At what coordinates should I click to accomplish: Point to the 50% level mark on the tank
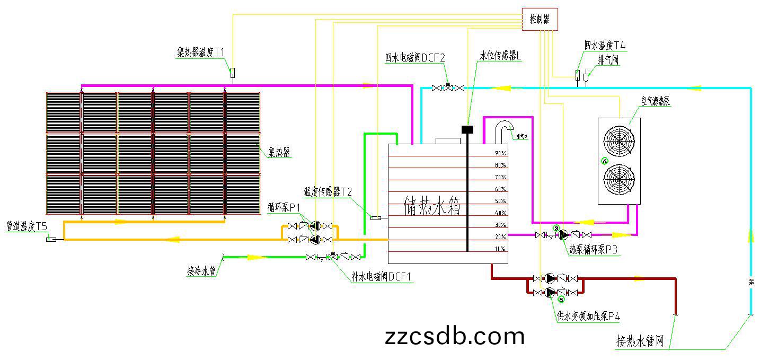(500, 201)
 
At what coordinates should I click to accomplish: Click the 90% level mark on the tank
(500, 153)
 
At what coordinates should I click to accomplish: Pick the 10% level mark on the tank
(500, 249)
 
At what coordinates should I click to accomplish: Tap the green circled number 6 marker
(604, 161)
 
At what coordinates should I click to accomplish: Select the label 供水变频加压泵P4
(588, 317)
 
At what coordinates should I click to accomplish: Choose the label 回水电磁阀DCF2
(415, 57)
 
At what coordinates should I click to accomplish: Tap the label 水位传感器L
(501, 56)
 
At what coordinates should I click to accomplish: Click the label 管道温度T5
(26, 226)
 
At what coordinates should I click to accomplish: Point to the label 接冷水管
(201, 271)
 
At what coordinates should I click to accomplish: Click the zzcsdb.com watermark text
(455, 336)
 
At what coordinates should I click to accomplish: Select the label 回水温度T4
(605, 46)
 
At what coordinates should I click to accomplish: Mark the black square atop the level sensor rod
(467, 129)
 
